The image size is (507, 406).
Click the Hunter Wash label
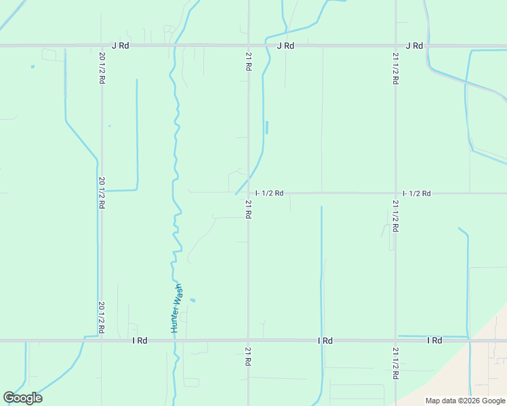pos(177,308)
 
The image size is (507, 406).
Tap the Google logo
pos(22,398)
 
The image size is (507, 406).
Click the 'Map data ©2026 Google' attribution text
pos(465,401)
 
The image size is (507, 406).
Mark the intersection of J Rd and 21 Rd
pos(248,46)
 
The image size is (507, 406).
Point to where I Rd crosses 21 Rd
pos(248,340)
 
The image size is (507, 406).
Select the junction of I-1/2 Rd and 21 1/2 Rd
pos(395,193)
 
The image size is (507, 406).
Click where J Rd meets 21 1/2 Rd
pos(395,46)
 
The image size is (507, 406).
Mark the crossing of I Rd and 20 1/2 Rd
pos(101,340)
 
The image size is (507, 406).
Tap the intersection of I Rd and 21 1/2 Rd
pos(395,340)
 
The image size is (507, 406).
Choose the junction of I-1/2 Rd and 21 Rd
pos(248,193)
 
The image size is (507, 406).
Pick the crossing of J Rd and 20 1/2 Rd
pos(101,46)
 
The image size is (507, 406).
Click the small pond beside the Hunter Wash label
pos(192,300)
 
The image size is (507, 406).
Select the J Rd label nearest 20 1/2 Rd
pos(120,46)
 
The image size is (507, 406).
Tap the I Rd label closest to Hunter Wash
pos(140,340)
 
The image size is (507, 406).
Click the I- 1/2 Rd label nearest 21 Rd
pos(269,194)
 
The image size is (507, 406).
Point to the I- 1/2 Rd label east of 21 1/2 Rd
pos(416,194)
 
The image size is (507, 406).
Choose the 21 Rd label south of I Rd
pos(248,357)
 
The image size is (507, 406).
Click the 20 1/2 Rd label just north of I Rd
pos(101,317)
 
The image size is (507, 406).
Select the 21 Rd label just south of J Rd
pos(248,64)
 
